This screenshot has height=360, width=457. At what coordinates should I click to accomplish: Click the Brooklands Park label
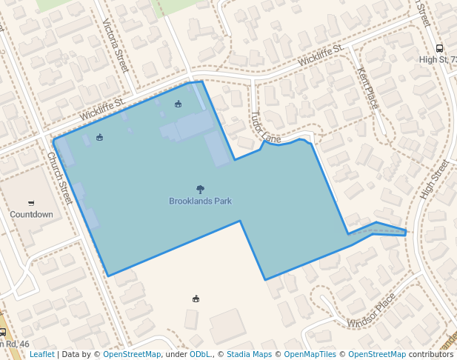200,201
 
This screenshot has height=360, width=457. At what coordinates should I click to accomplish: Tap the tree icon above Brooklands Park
200,190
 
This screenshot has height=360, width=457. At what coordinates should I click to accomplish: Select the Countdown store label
31,214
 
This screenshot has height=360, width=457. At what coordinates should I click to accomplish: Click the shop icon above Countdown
31,203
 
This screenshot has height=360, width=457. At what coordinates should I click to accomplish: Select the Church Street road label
61,179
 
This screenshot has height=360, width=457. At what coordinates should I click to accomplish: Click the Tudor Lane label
266,128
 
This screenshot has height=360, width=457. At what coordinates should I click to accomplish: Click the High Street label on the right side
435,179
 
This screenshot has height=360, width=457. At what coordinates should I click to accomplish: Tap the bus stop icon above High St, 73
439,48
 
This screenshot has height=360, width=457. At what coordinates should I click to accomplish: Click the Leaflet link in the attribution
41,354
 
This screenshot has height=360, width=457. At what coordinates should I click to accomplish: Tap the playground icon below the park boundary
196,299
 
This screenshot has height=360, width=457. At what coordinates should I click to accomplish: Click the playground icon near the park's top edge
178,104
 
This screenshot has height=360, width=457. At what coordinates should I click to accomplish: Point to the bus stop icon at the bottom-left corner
3,333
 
